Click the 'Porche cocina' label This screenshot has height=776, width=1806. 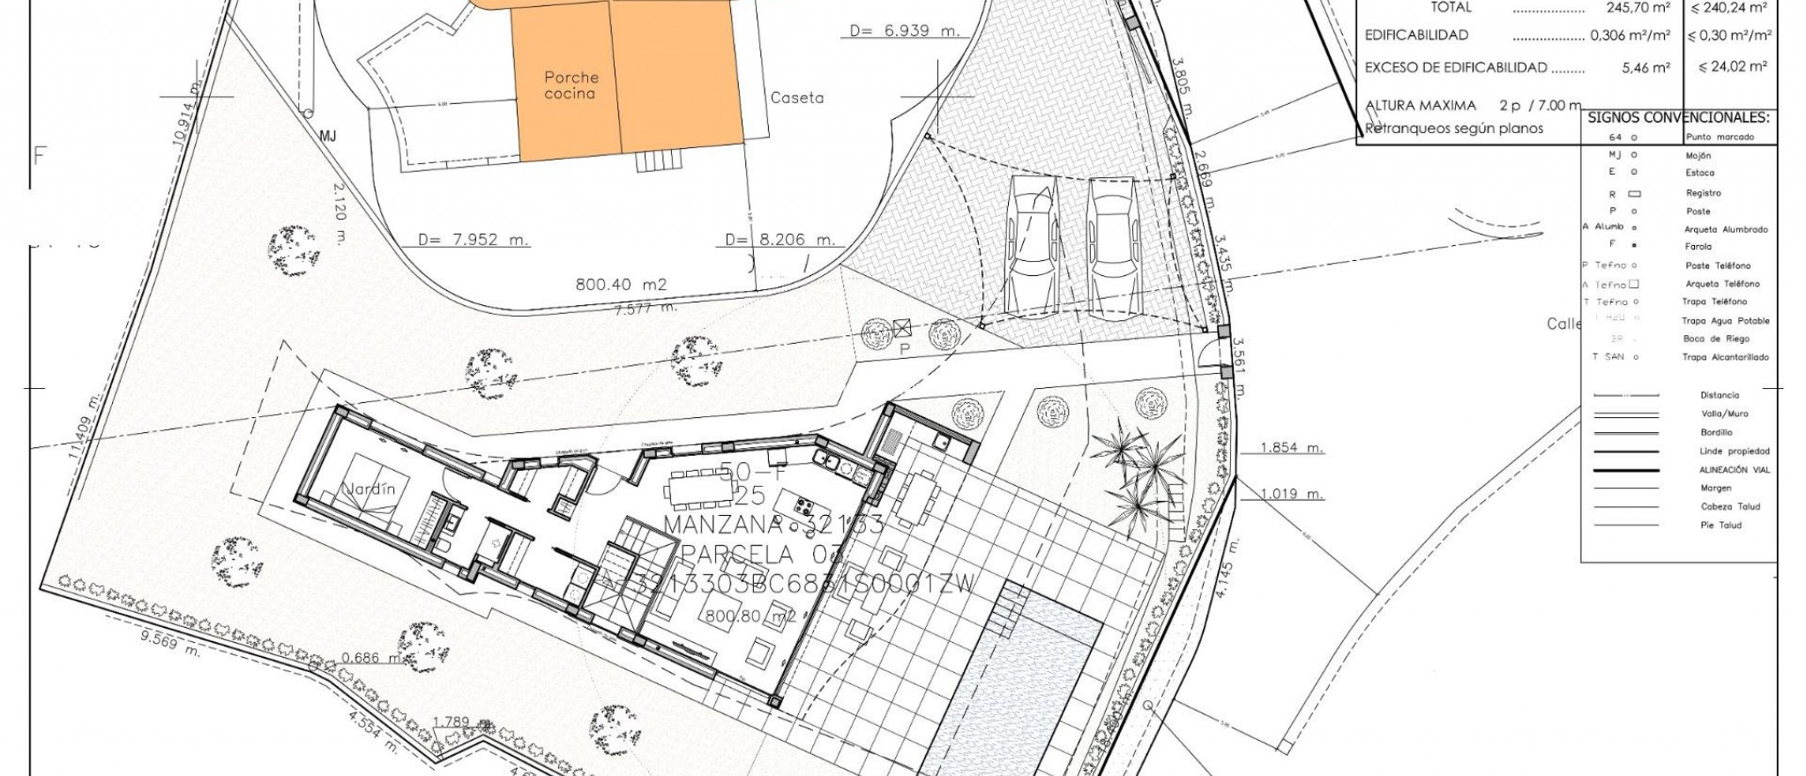[571, 86]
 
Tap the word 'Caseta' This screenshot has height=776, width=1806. [796, 98]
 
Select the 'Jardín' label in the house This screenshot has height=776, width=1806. [370, 489]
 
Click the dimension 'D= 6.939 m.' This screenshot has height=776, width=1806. [903, 31]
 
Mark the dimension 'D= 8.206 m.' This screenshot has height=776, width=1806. [780, 240]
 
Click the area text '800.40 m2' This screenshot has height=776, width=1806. [621, 285]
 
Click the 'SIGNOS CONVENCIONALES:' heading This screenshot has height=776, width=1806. [1678, 118]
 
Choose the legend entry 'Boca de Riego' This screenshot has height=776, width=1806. [1715, 339]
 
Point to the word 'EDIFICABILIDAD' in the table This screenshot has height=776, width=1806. [1417, 35]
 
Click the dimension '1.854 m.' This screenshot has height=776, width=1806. [1292, 448]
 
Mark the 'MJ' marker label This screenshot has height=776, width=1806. [328, 136]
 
